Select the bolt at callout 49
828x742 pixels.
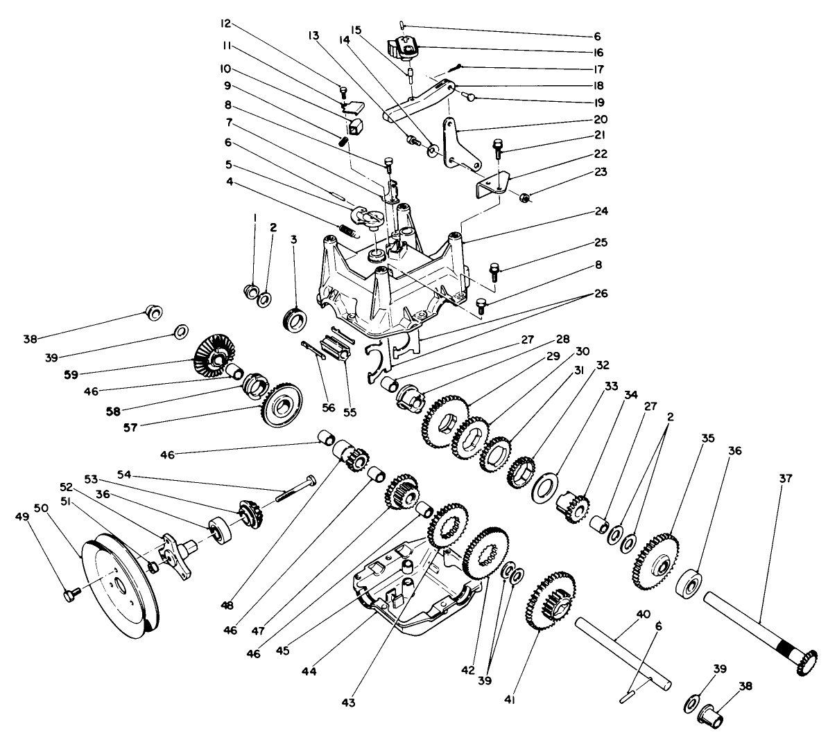point(69,594)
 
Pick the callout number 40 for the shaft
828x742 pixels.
point(643,614)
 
